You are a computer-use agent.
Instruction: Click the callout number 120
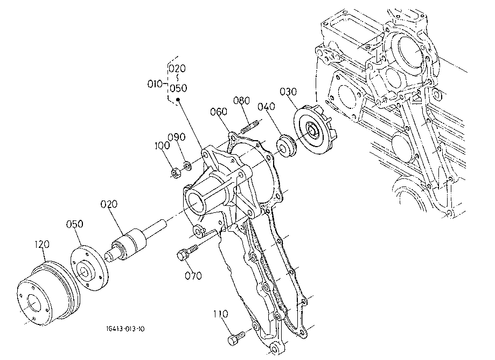coord(42,244)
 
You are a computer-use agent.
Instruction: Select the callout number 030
coord(288,92)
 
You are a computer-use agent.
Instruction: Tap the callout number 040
coord(266,106)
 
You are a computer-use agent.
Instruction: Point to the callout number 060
coord(219,112)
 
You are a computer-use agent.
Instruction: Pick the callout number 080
coord(241,100)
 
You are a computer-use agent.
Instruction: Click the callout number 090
coord(177,137)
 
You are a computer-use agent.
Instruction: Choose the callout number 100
coord(162,146)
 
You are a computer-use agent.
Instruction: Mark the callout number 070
coord(193,276)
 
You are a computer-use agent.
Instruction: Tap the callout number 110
coord(220,314)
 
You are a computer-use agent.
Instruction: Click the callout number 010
coord(155,84)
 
